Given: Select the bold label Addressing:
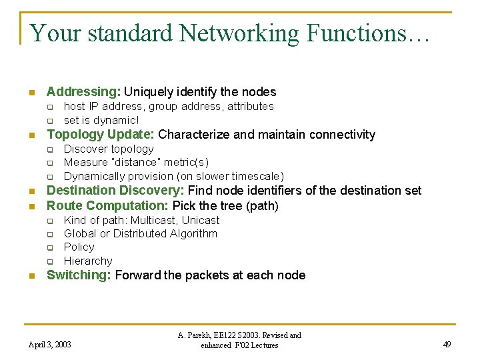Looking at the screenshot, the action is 83,92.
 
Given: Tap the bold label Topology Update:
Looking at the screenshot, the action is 101,135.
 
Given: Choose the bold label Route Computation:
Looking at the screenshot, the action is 107,205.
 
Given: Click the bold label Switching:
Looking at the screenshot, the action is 79,275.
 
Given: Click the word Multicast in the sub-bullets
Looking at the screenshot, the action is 155,220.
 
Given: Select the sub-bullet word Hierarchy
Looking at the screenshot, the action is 88,261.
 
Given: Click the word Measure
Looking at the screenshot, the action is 85,163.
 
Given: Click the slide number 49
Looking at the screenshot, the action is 447,345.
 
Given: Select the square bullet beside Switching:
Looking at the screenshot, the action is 31,276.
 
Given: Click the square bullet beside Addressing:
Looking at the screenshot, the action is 31,93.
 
